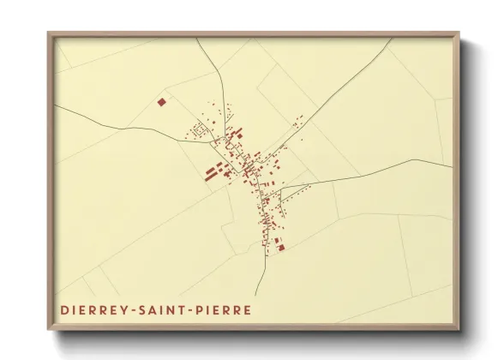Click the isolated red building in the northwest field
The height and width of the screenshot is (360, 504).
point(161,102)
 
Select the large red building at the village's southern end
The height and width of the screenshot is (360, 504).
point(280,247)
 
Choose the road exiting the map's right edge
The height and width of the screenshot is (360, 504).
point(411,164)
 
